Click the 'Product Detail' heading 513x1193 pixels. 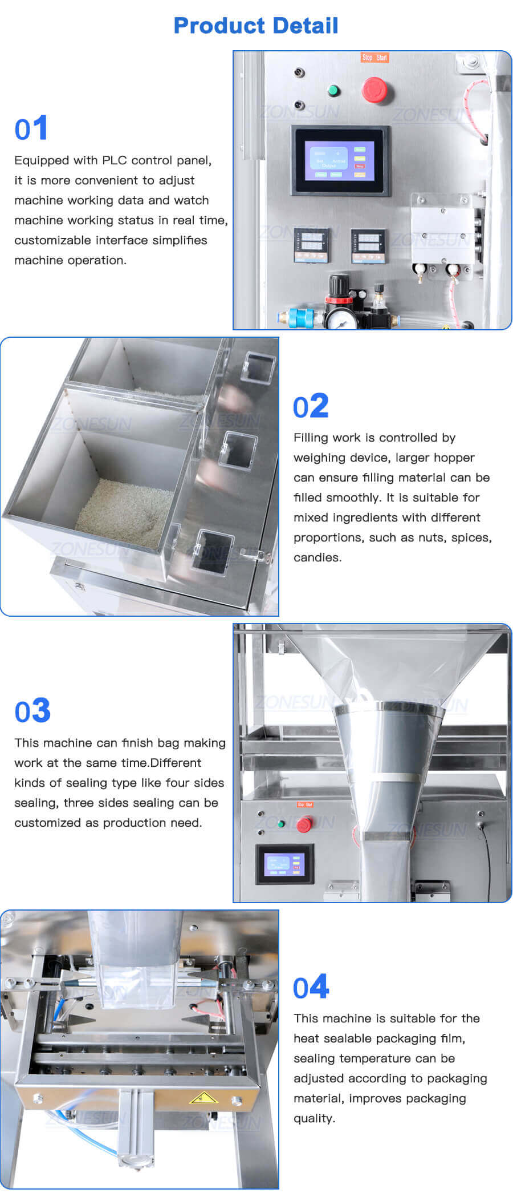256,26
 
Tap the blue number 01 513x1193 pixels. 31,128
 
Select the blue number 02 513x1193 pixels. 311,406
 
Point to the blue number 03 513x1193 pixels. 32,711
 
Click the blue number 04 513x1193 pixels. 311,988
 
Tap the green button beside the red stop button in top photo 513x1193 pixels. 333,91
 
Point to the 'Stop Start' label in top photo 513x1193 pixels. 374,58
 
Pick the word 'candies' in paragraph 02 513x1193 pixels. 316,557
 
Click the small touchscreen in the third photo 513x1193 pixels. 284,864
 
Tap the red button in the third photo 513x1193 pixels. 304,824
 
